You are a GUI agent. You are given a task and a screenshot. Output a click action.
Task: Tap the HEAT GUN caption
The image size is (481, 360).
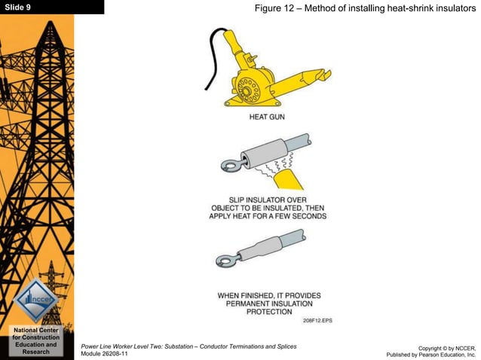point(267,117)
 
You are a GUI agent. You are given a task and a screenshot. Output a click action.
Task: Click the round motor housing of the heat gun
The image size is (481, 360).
point(248,90)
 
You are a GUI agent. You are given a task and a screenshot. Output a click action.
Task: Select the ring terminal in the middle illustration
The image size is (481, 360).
point(226,163)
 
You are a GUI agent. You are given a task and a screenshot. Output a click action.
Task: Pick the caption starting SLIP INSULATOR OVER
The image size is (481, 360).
point(267,208)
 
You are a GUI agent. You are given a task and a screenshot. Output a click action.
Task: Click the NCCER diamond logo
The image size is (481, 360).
point(35,299)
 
